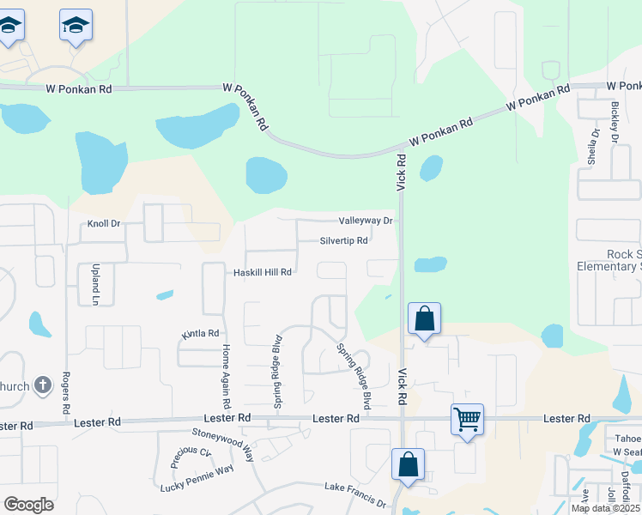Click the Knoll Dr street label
[104, 224]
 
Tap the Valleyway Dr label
[365, 221]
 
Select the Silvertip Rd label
[343, 241]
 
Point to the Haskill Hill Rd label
[263, 272]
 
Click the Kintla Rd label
[200, 333]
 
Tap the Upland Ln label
[96, 285]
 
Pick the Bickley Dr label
[615, 122]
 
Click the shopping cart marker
[467, 421]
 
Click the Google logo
[28, 505]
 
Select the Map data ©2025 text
[606, 509]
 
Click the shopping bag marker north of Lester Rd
[424, 319]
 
